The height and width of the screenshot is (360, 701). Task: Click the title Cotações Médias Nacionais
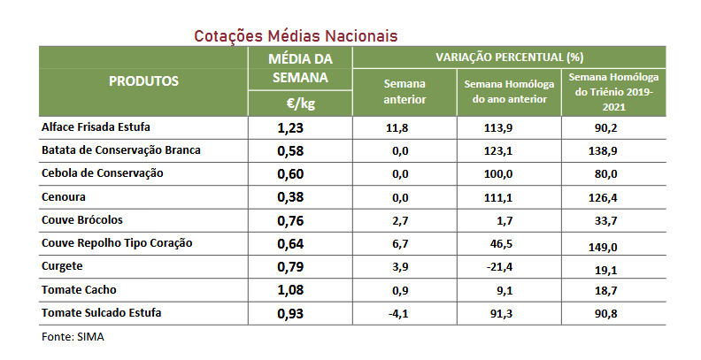[296, 35]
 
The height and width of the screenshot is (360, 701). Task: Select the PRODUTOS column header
[143, 81]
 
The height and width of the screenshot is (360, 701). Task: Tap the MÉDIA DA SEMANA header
[300, 68]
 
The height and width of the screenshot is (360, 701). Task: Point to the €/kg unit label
[300, 104]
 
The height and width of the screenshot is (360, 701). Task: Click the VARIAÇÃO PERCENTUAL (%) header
[509, 57]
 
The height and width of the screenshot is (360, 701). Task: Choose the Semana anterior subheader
[404, 91]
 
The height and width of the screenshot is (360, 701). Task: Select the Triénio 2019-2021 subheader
[613, 91]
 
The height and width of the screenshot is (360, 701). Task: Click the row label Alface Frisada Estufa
[96, 127]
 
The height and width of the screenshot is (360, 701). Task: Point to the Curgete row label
[64, 265]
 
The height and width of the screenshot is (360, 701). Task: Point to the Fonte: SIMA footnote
[73, 337]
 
